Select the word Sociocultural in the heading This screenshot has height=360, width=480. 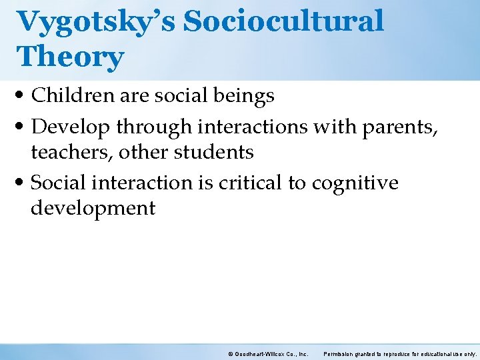click(x=284, y=21)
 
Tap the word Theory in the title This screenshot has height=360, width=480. click(x=71, y=57)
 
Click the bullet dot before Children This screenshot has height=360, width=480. click(x=23, y=97)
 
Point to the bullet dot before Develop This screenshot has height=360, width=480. click(x=23, y=126)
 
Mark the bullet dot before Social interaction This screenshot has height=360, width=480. click(x=23, y=183)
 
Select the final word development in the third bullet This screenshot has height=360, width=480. click(x=93, y=208)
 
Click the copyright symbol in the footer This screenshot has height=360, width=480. click(x=230, y=353)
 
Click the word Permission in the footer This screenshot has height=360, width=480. click(x=341, y=353)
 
